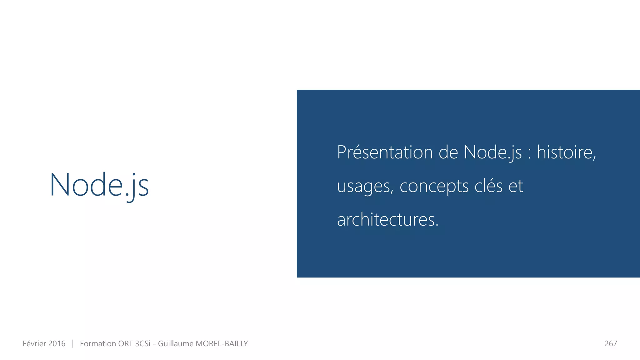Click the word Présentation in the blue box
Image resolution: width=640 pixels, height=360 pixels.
tap(385, 152)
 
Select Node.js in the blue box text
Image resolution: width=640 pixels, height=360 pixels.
tap(492, 152)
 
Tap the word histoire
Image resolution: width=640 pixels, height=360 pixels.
tap(566, 152)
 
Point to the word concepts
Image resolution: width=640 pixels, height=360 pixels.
tap(434, 187)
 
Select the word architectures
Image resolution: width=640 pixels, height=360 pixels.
tap(387, 219)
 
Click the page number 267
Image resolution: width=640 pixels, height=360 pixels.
tap(611, 344)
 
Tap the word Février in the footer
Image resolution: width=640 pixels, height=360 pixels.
tap(34, 344)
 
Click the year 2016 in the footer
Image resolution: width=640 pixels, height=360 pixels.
tap(57, 344)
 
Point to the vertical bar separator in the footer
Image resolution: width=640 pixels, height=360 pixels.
tap(72, 344)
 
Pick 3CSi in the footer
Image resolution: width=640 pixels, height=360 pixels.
tap(142, 344)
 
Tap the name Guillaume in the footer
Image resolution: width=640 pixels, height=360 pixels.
tap(176, 344)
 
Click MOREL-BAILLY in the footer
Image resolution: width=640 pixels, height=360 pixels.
tap(222, 344)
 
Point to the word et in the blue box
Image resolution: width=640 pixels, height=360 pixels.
tap(516, 186)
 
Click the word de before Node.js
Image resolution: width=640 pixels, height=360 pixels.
tap(448, 152)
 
